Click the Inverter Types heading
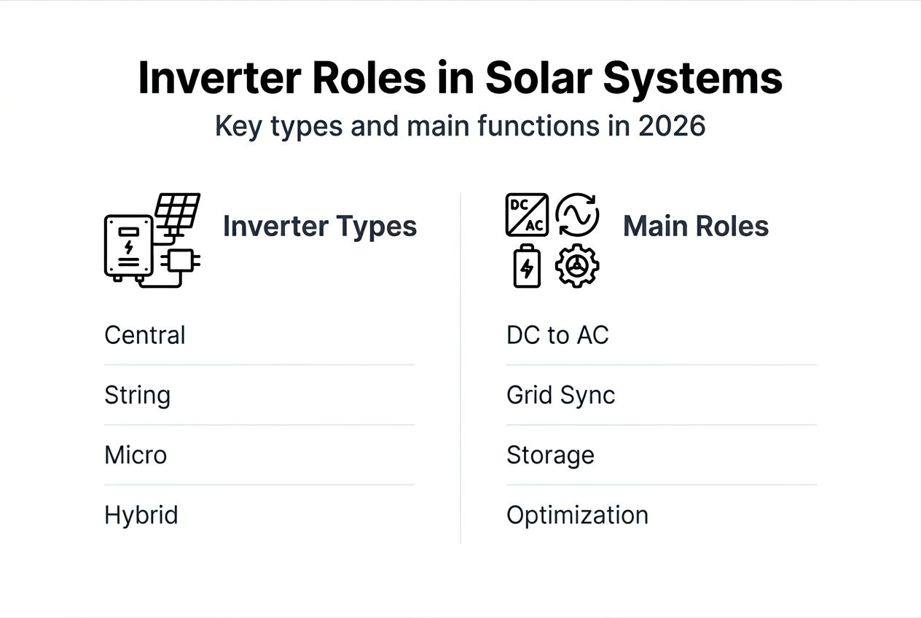tap(320, 226)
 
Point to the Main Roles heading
tap(696, 226)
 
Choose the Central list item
tap(145, 335)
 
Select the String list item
tap(138, 395)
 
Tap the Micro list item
tap(136, 455)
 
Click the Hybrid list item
tap(141, 515)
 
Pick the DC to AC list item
tap(557, 335)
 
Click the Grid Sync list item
tap(560, 395)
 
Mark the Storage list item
tap(550, 455)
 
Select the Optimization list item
tap(577, 515)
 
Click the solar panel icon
tap(177, 211)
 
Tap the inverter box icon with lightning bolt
tap(129, 246)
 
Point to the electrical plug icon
tap(181, 261)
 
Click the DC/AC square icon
tap(527, 215)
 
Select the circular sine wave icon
tap(577, 215)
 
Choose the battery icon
tap(527, 266)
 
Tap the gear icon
tap(577, 266)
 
